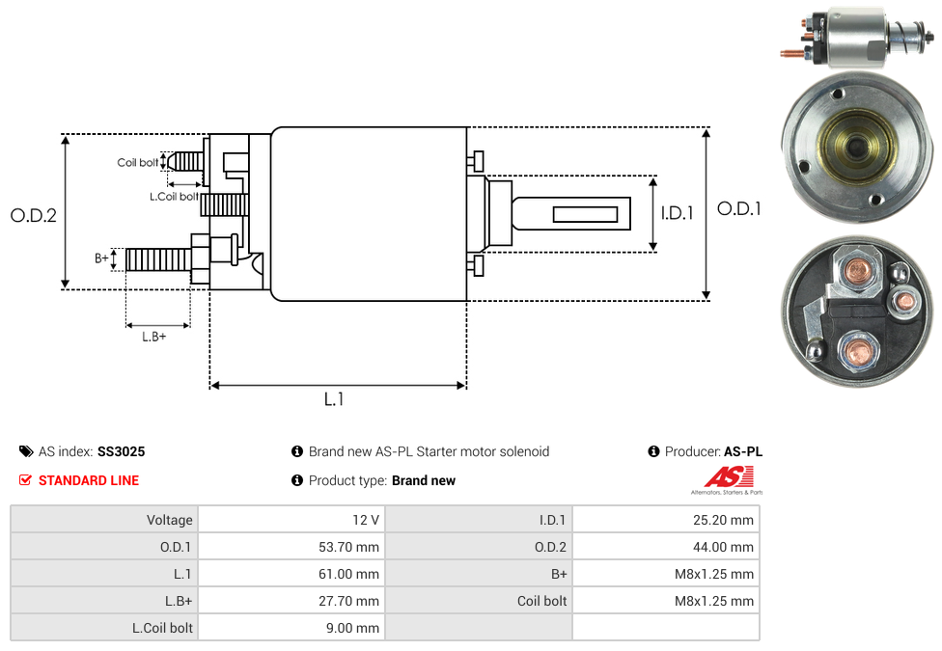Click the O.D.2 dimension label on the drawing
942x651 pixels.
[x=34, y=215]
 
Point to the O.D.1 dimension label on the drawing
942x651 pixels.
[x=739, y=208]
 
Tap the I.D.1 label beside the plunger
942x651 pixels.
[x=678, y=212]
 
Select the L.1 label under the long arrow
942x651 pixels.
[x=334, y=398]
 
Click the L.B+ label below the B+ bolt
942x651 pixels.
[x=153, y=337]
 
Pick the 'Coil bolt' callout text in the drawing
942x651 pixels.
[x=138, y=162]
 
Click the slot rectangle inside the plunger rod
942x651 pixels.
[x=585, y=214]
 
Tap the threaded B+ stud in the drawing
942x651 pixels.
[x=158, y=259]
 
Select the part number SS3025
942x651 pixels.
[x=122, y=451]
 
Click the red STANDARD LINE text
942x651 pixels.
[x=89, y=480]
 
